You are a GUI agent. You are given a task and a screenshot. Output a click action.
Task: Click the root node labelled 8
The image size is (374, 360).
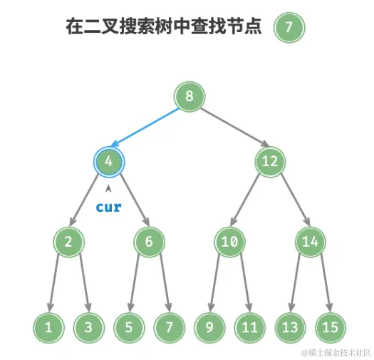(189, 97)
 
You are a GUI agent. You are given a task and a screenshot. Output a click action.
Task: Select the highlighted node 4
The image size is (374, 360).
(108, 162)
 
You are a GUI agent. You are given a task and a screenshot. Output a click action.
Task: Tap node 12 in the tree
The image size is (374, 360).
(269, 162)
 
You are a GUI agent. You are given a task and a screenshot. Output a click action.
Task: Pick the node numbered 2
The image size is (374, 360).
(68, 242)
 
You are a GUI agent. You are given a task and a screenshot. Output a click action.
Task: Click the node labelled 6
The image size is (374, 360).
(149, 242)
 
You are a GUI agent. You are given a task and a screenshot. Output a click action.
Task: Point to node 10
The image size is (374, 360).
(229, 242)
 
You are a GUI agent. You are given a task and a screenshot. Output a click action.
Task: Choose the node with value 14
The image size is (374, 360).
(309, 242)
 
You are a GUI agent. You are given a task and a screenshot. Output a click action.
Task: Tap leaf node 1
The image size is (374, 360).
(48, 327)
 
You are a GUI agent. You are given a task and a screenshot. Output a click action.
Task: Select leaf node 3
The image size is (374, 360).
(88, 327)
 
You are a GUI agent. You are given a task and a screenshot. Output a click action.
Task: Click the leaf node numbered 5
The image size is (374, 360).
(129, 327)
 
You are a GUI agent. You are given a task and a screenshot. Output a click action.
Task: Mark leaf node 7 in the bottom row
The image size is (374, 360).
(169, 327)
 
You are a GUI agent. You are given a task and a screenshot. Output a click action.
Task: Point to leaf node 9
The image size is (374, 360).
(209, 327)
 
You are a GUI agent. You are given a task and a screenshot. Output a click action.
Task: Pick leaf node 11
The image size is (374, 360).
(249, 327)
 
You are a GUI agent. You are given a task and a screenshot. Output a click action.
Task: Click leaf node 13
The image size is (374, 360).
(289, 327)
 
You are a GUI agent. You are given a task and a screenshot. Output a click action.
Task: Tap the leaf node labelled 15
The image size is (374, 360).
(329, 327)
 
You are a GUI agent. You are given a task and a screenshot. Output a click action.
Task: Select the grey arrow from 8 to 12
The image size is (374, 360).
(229, 130)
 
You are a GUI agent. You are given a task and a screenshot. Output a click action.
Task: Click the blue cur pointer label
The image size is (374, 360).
(108, 207)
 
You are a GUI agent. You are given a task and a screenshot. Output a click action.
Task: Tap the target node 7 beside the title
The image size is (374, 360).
(289, 28)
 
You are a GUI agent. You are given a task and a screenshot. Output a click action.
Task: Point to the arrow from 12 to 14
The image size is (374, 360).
(290, 202)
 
